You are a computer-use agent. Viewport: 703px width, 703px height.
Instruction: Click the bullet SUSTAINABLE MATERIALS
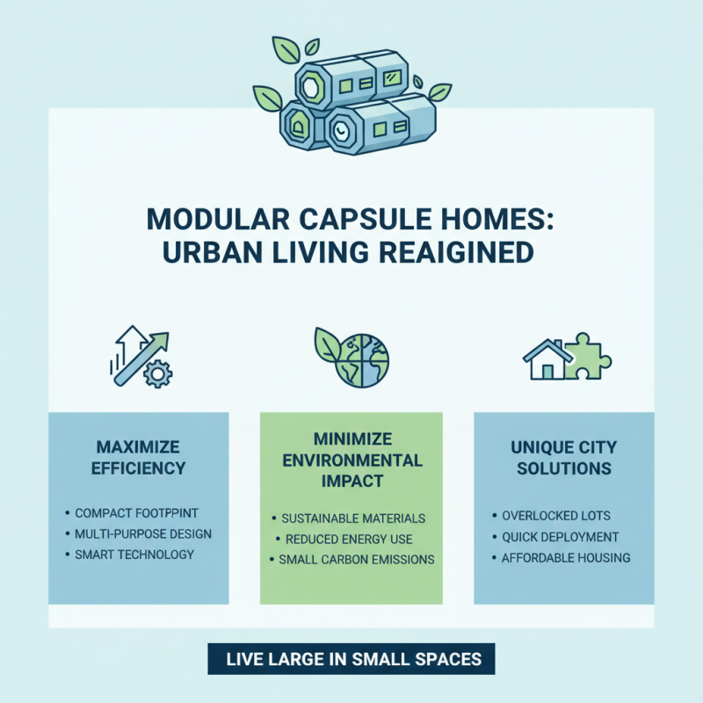(353, 518)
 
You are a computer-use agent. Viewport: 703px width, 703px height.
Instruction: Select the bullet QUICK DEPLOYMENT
(561, 537)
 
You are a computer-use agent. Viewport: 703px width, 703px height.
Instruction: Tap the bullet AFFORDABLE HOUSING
(566, 558)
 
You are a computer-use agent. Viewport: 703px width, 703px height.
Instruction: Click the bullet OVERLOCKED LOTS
(555, 516)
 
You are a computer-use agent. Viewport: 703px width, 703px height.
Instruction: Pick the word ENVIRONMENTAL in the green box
(351, 460)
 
